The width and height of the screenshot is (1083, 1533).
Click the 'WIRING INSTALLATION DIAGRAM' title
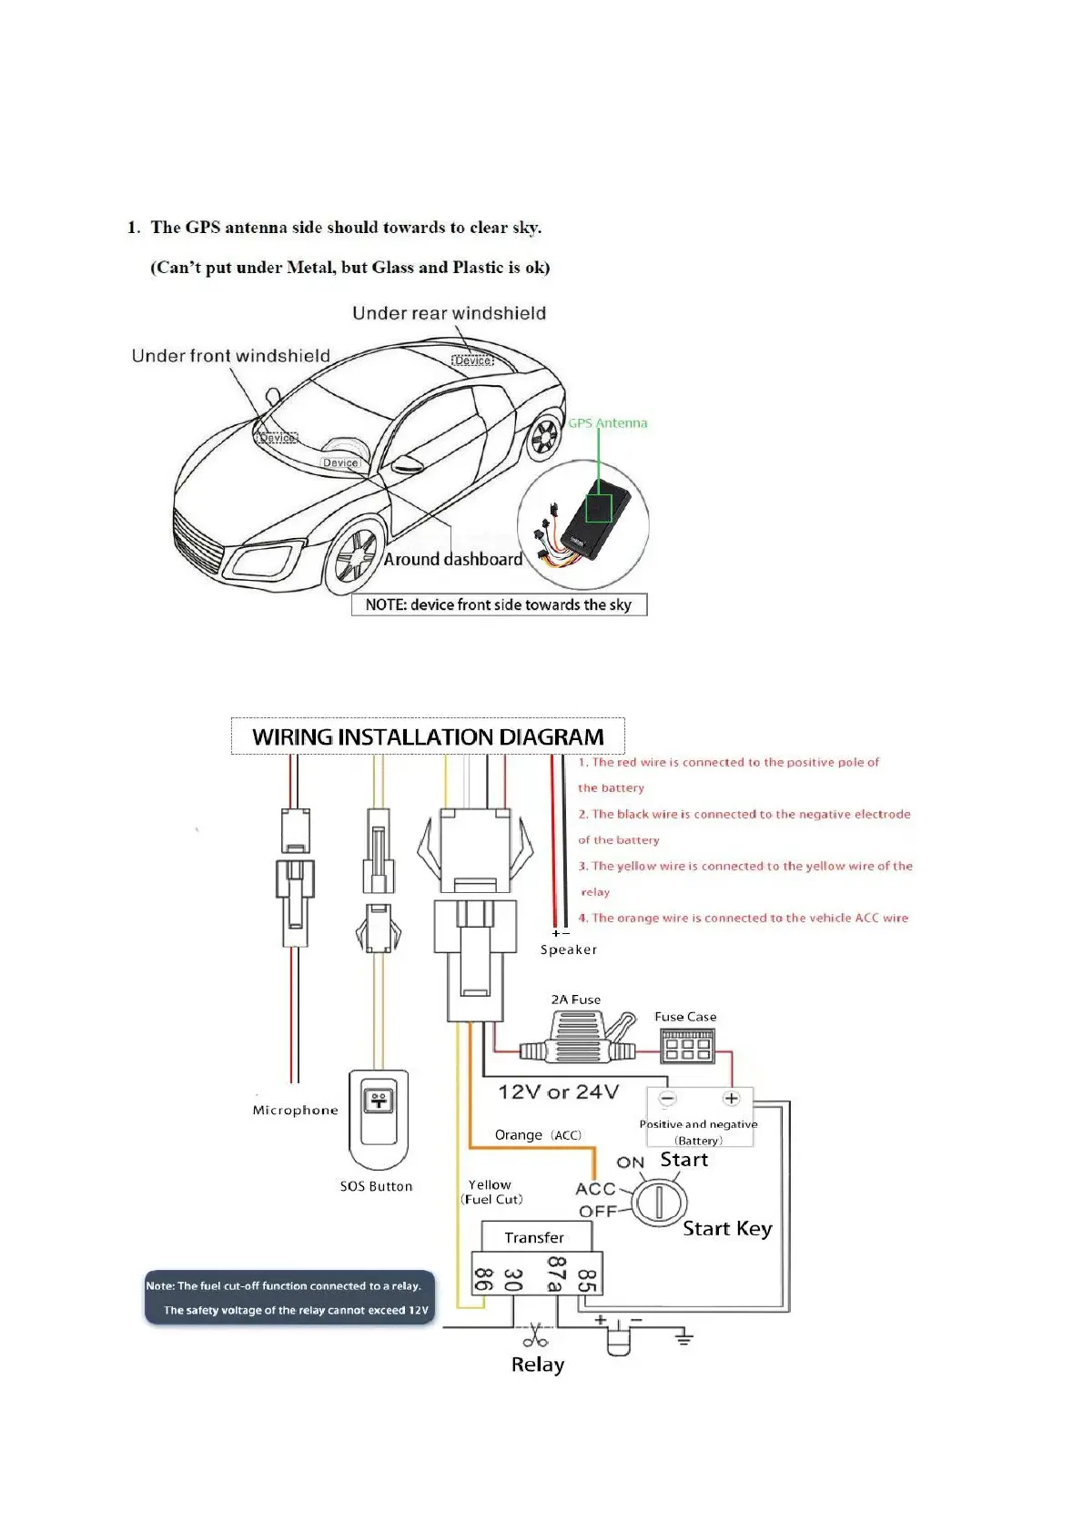click(428, 736)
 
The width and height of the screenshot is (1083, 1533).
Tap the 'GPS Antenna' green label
click(608, 423)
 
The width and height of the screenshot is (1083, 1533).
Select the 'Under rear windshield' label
click(449, 313)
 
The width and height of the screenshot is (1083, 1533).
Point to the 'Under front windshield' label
click(230, 356)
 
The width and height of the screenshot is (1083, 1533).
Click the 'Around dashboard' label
click(452, 559)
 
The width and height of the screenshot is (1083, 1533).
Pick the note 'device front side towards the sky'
click(499, 604)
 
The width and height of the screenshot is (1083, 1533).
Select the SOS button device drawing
click(378, 1120)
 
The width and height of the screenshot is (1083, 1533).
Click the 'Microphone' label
click(295, 1111)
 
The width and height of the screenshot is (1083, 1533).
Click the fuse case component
click(687, 1047)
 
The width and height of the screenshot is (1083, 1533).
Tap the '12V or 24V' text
click(558, 1091)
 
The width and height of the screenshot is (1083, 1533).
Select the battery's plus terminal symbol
click(731, 1099)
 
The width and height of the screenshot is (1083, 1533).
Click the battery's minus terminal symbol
click(667, 1099)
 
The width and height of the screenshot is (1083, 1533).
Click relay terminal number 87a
click(554, 1274)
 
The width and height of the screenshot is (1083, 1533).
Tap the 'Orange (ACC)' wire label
click(538, 1135)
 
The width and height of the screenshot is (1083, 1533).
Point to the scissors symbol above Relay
click(535, 1335)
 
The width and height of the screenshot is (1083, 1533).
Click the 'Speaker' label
click(569, 949)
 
